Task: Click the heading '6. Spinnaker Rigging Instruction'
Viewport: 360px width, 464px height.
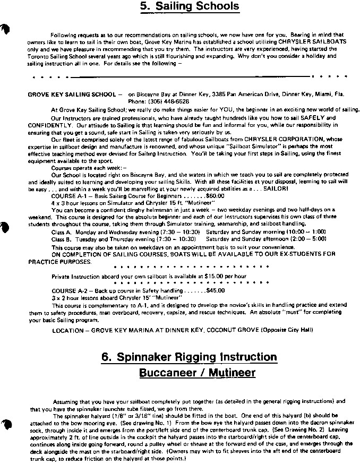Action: click(x=189, y=357)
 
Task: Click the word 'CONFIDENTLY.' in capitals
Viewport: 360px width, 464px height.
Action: click(x=49, y=125)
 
